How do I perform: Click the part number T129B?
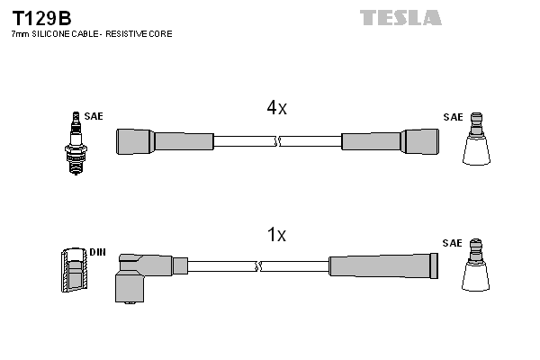tap(40, 17)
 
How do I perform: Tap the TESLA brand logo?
tap(400, 17)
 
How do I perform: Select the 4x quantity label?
tap(276, 108)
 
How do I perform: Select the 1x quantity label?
tap(276, 235)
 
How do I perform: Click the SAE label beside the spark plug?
tap(94, 117)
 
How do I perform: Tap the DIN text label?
tap(97, 252)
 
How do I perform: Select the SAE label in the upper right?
tap(453, 118)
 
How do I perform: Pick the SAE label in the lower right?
tap(453, 244)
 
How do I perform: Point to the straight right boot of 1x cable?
tap(383, 265)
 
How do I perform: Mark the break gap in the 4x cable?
tap(277, 141)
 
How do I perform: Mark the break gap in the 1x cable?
tap(259, 266)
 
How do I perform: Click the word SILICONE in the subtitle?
tap(58, 33)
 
